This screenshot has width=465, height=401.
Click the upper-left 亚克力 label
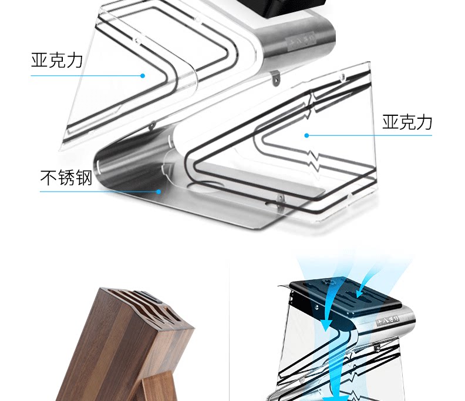pos(57,61)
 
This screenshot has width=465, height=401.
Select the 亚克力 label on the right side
pos(407,122)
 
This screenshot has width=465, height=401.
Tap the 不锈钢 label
pos(66,177)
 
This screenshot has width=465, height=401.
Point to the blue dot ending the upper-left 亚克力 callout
pos(142,75)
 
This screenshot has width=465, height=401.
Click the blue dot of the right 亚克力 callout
pos(306,135)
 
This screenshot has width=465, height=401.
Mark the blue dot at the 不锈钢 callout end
pos(159,191)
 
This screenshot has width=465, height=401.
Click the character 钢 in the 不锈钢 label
pos(85,177)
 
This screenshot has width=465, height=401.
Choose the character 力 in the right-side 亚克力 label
pos(424,122)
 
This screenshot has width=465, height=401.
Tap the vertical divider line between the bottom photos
pos(228,329)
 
